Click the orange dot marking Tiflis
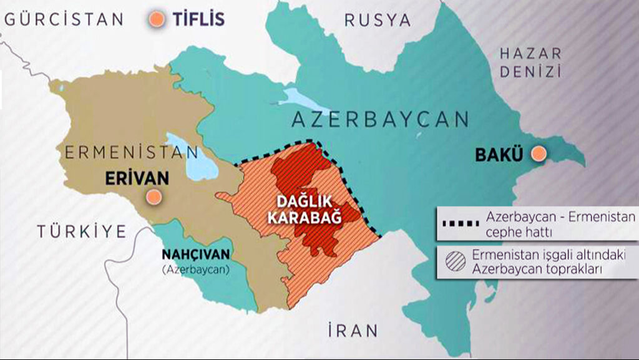157,20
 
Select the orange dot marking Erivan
152,198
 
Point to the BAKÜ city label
499,153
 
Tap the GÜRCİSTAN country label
64,19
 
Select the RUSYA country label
378,20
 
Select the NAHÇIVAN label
196,255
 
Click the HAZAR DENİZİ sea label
530,62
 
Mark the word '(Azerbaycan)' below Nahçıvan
196,270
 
